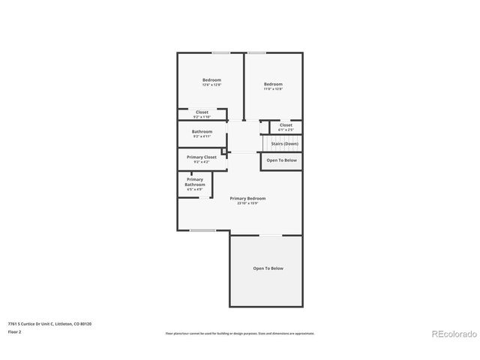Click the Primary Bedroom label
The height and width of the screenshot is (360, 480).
247,198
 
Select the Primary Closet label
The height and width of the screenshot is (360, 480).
201,157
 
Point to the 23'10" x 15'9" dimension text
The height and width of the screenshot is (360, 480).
247,202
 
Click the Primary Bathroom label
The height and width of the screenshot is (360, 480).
195,181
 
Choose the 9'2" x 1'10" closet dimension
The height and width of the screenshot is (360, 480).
202,117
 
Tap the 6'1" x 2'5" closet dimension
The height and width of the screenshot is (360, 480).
286,130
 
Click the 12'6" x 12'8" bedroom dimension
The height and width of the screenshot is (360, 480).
211,85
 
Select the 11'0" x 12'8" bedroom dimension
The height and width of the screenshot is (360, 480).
273,88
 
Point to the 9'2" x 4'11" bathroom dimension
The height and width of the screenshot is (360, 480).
202,136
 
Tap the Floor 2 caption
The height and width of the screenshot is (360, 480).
14,331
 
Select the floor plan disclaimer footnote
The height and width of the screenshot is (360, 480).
239,333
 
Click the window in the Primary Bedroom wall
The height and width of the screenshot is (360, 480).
202,230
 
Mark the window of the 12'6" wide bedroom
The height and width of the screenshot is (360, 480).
220,52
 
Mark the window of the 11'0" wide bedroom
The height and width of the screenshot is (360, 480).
257,52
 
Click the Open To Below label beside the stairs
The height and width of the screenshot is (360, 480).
281,160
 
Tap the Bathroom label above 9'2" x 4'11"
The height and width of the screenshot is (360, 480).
202,131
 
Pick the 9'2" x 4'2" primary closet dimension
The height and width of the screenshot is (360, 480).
201,162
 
